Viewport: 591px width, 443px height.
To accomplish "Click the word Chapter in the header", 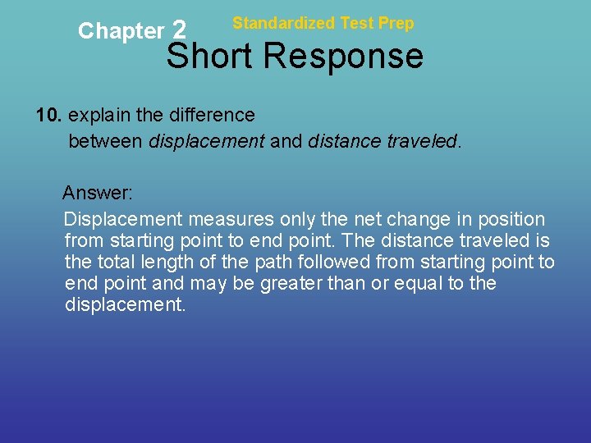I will click(x=121, y=31).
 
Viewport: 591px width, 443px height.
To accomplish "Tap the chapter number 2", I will click(x=181, y=30).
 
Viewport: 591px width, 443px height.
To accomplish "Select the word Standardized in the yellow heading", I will click(x=284, y=23).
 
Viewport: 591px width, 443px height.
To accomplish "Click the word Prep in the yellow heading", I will click(x=397, y=23).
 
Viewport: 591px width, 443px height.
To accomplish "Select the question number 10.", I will click(x=47, y=116).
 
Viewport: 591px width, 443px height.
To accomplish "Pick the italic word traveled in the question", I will click(x=424, y=142).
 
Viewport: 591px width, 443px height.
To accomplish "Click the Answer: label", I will click(x=98, y=193).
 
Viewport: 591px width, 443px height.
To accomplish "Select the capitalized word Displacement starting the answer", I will click(x=123, y=219).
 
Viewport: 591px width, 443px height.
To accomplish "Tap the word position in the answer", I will click(x=512, y=219).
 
